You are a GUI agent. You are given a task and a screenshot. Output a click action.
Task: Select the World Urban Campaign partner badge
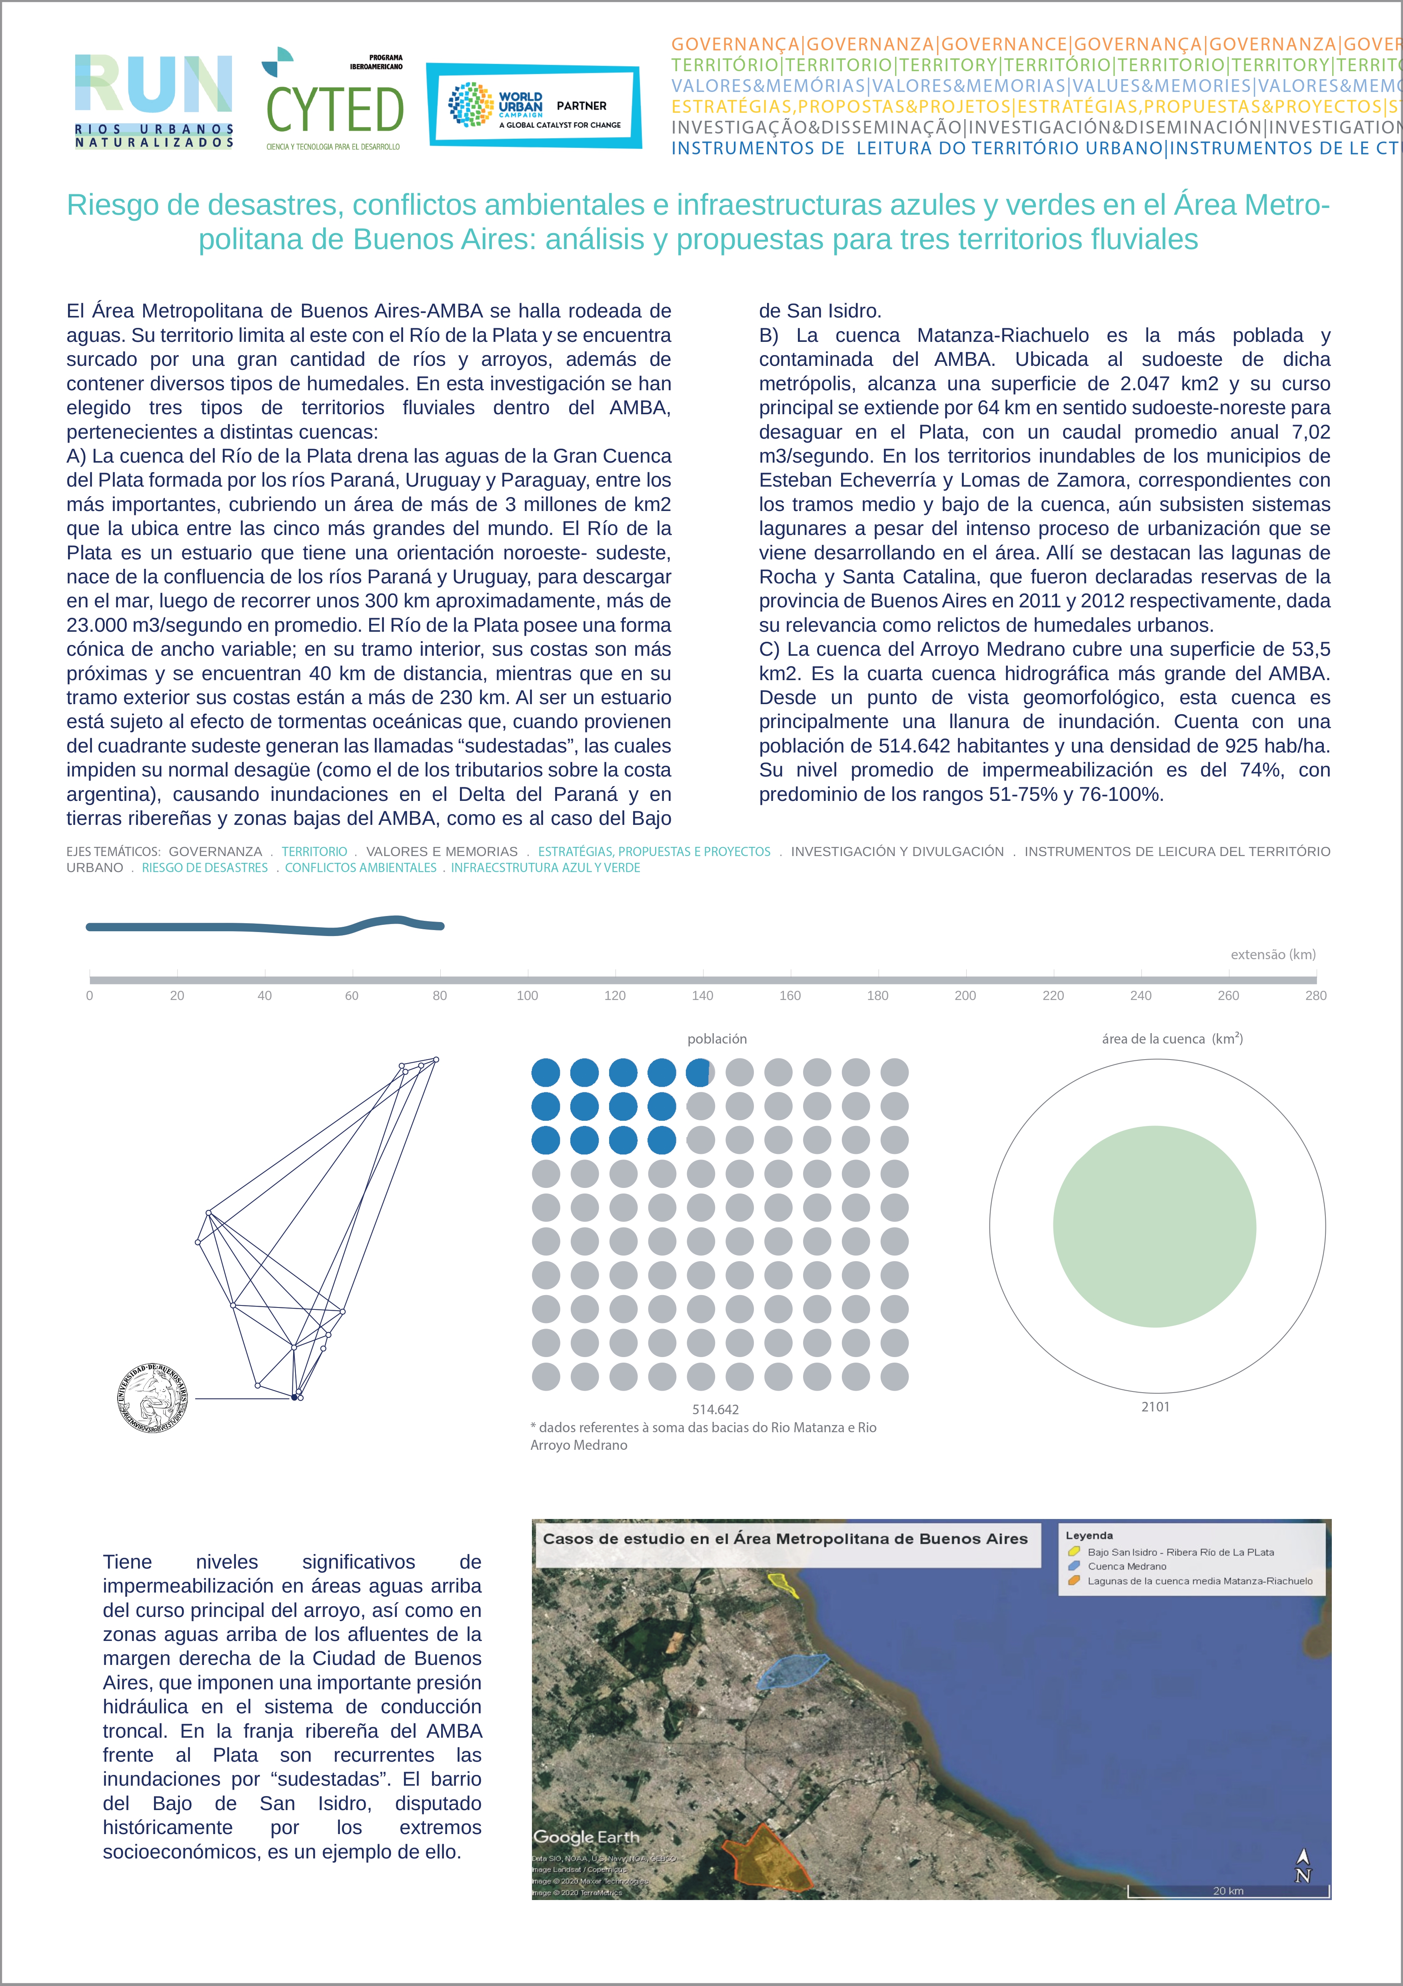pyautogui.click(x=534, y=106)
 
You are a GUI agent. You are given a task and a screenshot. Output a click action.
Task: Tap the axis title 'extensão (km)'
pyautogui.click(x=1272, y=955)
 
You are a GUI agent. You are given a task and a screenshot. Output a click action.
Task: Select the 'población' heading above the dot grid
pyautogui.click(x=717, y=1039)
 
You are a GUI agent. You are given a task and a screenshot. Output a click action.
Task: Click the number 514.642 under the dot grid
pyautogui.click(x=715, y=1409)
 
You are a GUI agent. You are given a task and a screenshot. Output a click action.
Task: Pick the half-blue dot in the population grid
pyautogui.click(x=700, y=1073)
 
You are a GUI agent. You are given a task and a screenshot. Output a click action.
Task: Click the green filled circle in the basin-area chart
pyautogui.click(x=1154, y=1226)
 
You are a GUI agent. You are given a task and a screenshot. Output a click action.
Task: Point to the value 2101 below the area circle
pyautogui.click(x=1155, y=1407)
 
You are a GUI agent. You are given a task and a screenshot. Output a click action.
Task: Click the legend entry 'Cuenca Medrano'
pyautogui.click(x=1126, y=1567)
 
